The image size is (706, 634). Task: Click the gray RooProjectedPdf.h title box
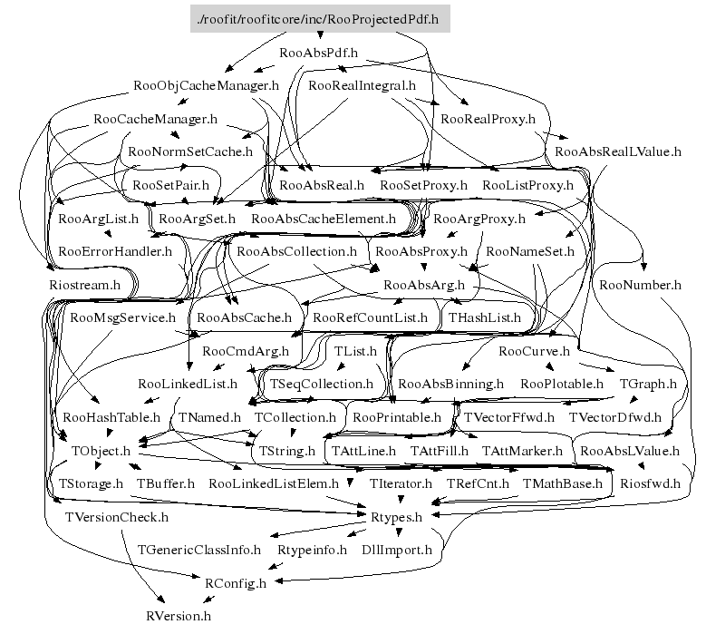pyautogui.click(x=320, y=19)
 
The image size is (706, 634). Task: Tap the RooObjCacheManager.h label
pyautogui.click(x=206, y=86)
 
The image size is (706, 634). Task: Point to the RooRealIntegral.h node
pyautogui.click(x=362, y=86)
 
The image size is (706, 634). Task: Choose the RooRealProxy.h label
pyautogui.click(x=488, y=119)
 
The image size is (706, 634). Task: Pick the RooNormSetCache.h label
pyautogui.click(x=190, y=151)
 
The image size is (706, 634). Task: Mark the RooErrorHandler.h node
pyautogui.click(x=114, y=251)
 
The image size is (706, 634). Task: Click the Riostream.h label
pyautogui.click(x=83, y=285)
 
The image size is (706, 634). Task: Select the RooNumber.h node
pyautogui.click(x=640, y=285)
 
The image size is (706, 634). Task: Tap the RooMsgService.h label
pyautogui.click(x=122, y=317)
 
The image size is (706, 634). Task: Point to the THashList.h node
pyautogui.click(x=485, y=317)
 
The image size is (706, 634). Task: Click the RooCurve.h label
pyautogui.click(x=534, y=351)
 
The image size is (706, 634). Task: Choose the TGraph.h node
pyautogui.click(x=647, y=384)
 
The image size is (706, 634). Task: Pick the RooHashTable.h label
pyautogui.click(x=111, y=417)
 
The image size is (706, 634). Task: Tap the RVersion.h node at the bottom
pyautogui.click(x=179, y=616)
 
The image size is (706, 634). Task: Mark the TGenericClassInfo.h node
pyautogui.click(x=198, y=550)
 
